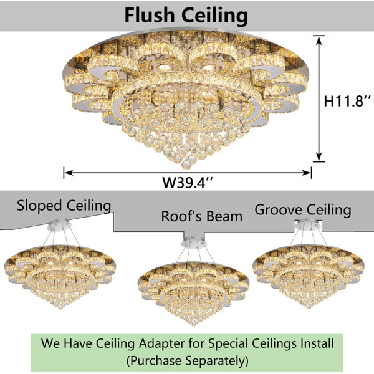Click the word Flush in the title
coord(150,15)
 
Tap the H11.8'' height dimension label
coord(347,101)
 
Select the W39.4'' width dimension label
coord(187,183)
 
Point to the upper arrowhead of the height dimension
coord(319,40)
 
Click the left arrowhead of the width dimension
coord(68,173)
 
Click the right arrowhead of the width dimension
coord(307,173)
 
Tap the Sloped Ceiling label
coord(64,206)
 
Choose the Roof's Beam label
coord(202,216)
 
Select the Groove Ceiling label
coord(303,210)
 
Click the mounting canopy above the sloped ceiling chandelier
coord(59,224)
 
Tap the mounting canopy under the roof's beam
coord(194,243)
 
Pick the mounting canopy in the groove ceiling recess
coord(308,224)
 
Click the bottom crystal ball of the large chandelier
coord(186,164)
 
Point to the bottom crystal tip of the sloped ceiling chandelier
coord(60,307)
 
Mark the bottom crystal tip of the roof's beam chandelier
coord(194,324)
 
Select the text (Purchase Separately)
coord(187,360)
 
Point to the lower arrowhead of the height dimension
coord(319,157)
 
